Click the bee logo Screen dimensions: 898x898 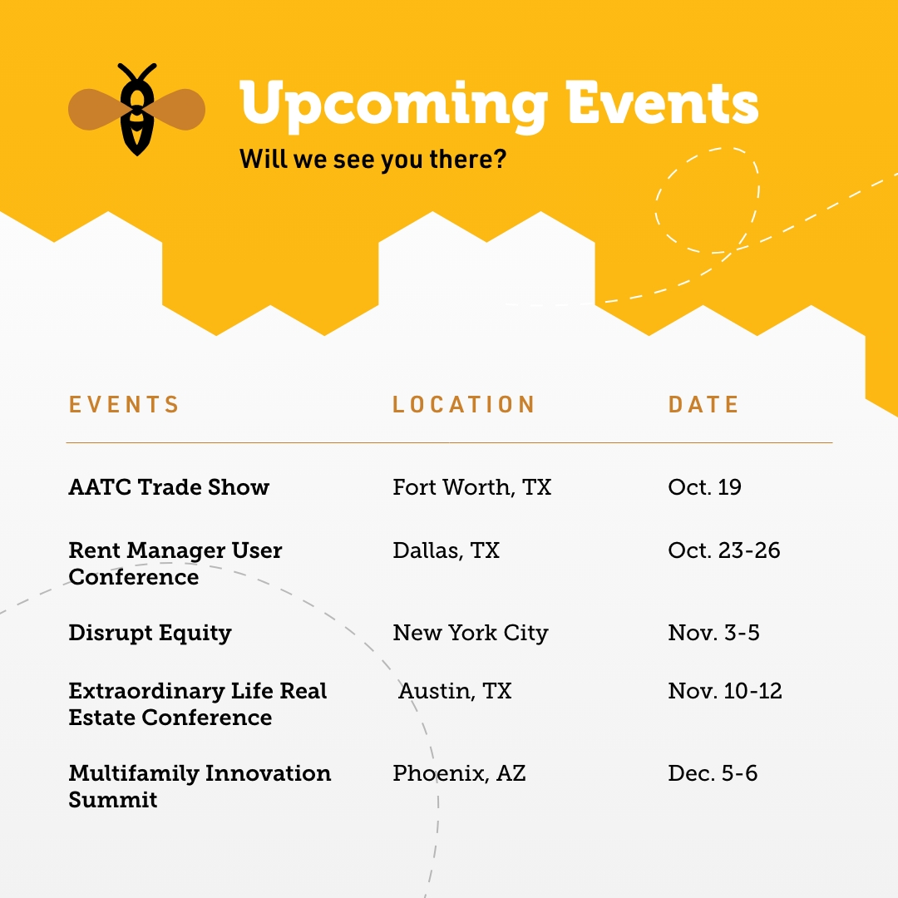(136, 109)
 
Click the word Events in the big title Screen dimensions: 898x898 (663, 104)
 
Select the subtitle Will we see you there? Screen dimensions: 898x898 (373, 159)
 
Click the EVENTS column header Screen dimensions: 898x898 (124, 405)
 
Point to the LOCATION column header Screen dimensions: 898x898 (463, 405)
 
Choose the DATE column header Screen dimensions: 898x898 (703, 405)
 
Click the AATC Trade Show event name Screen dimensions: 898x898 (169, 487)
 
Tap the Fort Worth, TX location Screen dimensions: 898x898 (471, 487)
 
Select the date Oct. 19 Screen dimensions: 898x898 (704, 487)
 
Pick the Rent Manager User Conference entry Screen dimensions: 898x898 (175, 563)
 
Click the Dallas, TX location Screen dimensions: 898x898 (446, 550)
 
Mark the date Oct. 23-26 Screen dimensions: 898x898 (723, 550)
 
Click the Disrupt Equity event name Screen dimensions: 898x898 (150, 633)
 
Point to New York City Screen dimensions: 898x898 (470, 633)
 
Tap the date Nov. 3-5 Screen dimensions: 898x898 (713, 633)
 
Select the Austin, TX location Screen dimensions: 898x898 (455, 691)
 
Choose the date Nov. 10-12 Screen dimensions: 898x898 (724, 691)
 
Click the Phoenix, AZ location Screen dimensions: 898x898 (459, 773)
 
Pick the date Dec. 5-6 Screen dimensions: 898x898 (713, 773)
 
